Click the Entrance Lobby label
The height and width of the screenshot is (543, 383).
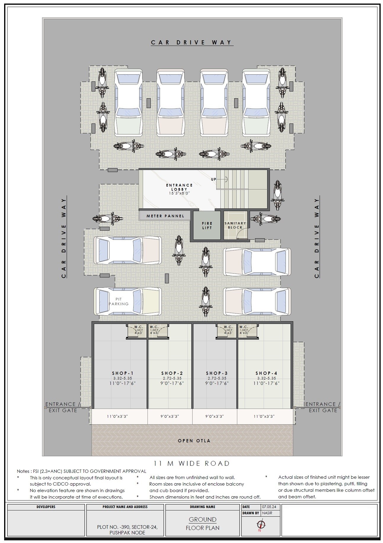point(179,187)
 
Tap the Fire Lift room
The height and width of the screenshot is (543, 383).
point(207,225)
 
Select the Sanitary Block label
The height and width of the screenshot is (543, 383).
point(235,225)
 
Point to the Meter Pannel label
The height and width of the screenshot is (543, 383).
point(165,216)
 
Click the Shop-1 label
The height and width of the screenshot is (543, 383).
point(122,373)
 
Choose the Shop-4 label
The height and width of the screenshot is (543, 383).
point(266,373)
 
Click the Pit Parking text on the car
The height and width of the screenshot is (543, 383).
point(118,301)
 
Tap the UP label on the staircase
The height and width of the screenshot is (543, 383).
point(214,179)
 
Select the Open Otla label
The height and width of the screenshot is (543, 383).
point(194,441)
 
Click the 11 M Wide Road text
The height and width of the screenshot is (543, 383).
point(192,463)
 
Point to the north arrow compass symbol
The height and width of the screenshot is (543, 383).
point(261,524)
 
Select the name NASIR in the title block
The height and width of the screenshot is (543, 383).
point(267,513)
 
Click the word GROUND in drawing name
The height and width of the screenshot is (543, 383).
point(203,519)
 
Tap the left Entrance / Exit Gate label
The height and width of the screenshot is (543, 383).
point(63,407)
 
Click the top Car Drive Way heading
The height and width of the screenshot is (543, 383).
point(192,42)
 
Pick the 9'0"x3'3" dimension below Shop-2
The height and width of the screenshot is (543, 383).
point(170,416)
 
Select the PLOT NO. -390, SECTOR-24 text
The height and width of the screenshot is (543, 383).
point(127,527)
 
